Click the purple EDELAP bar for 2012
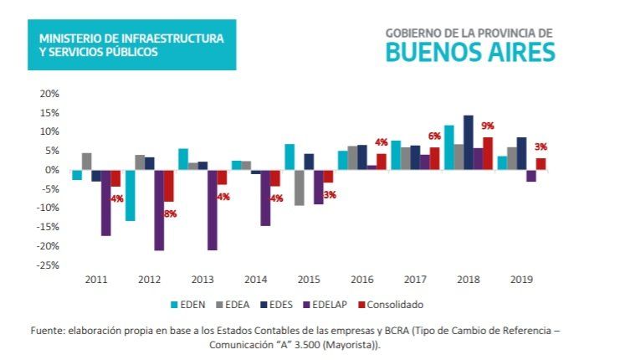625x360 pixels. click(159, 209)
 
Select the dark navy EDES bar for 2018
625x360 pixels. click(468, 142)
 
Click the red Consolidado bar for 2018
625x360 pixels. click(488, 153)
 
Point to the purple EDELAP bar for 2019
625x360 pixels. click(530, 176)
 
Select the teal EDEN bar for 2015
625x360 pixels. click(289, 157)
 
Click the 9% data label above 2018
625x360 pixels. click(487, 126)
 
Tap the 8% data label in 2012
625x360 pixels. click(170, 213)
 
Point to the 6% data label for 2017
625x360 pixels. click(435, 136)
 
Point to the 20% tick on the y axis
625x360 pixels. click(49, 94)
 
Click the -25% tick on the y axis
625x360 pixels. click(47, 265)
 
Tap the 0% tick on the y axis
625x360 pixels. click(52, 170)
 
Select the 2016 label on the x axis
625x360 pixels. click(363, 280)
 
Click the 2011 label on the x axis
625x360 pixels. click(96, 280)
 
